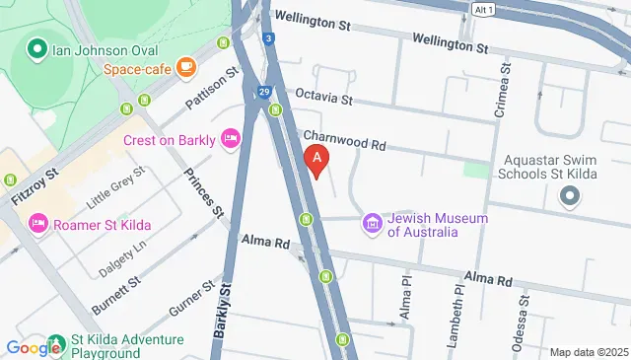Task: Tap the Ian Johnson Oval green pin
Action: tap(36, 47)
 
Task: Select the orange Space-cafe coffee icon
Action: tap(186, 67)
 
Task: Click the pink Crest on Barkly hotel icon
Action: tap(231, 139)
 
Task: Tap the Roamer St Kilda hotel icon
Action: tap(38, 224)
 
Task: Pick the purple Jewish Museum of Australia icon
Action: tap(372, 224)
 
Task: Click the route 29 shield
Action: tap(265, 91)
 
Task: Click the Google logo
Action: tap(33, 347)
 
